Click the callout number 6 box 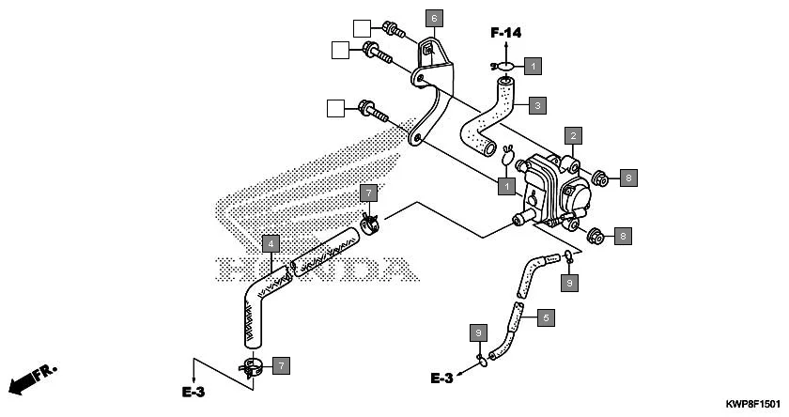pos(433,18)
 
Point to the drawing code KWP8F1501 pos(752,403)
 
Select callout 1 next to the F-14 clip pos(533,66)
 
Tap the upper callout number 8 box pos(627,176)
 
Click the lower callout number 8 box pos(623,236)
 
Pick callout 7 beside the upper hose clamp pos(370,193)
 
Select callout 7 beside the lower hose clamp pos(281,363)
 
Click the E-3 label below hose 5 pos(442,378)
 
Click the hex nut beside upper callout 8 pos(598,176)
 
